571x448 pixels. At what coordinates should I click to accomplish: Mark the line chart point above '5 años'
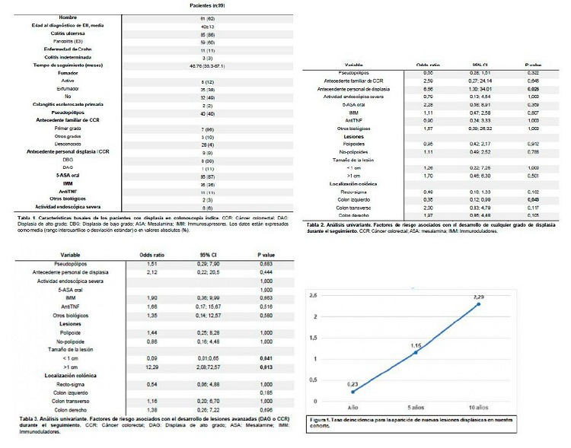[416, 353]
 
